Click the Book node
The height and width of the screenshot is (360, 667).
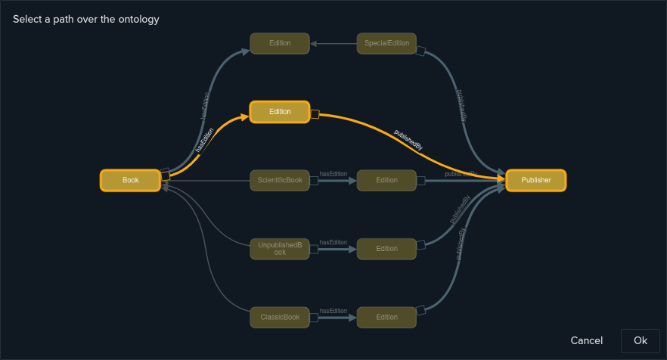coord(130,181)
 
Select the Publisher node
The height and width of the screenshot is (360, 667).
coord(535,181)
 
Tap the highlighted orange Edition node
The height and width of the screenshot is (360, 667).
coord(280,112)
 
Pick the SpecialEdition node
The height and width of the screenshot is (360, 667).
coord(386,43)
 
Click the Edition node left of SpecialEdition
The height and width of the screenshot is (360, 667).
coord(280,43)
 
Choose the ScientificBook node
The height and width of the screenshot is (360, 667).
coord(280,181)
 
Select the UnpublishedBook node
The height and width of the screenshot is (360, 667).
coord(280,249)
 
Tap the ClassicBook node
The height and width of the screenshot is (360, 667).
coord(280,318)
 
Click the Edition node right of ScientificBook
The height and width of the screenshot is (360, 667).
coord(386,181)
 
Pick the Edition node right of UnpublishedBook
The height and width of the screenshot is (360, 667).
coord(386,249)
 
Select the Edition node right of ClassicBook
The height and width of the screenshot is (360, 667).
coord(386,318)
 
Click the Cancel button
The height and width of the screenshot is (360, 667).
coord(587,340)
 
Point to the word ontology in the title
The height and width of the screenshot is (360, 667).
coord(136,19)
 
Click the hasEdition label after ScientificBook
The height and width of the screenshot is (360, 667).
coord(333,174)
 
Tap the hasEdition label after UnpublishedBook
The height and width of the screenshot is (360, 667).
coord(333,242)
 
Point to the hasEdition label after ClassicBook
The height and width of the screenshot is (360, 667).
coord(333,311)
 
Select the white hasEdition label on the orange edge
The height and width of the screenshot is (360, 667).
coord(204,140)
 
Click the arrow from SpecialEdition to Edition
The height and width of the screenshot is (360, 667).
coord(333,43)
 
